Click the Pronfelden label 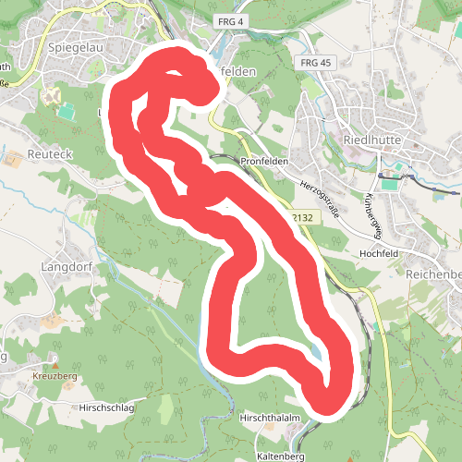[265, 161]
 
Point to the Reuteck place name [50, 152]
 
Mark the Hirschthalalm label [271, 419]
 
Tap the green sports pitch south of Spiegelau [67, 111]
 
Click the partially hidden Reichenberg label [433, 274]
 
